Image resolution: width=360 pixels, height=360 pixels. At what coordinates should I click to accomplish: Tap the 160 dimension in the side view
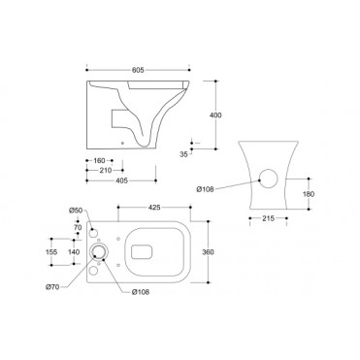coord(100,161)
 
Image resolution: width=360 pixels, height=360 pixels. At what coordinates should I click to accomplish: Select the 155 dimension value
coord(50,250)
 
